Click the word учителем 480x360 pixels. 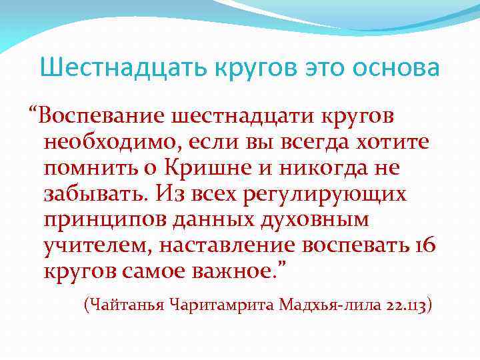(x=97, y=246)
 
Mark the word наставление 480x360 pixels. (x=228, y=246)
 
